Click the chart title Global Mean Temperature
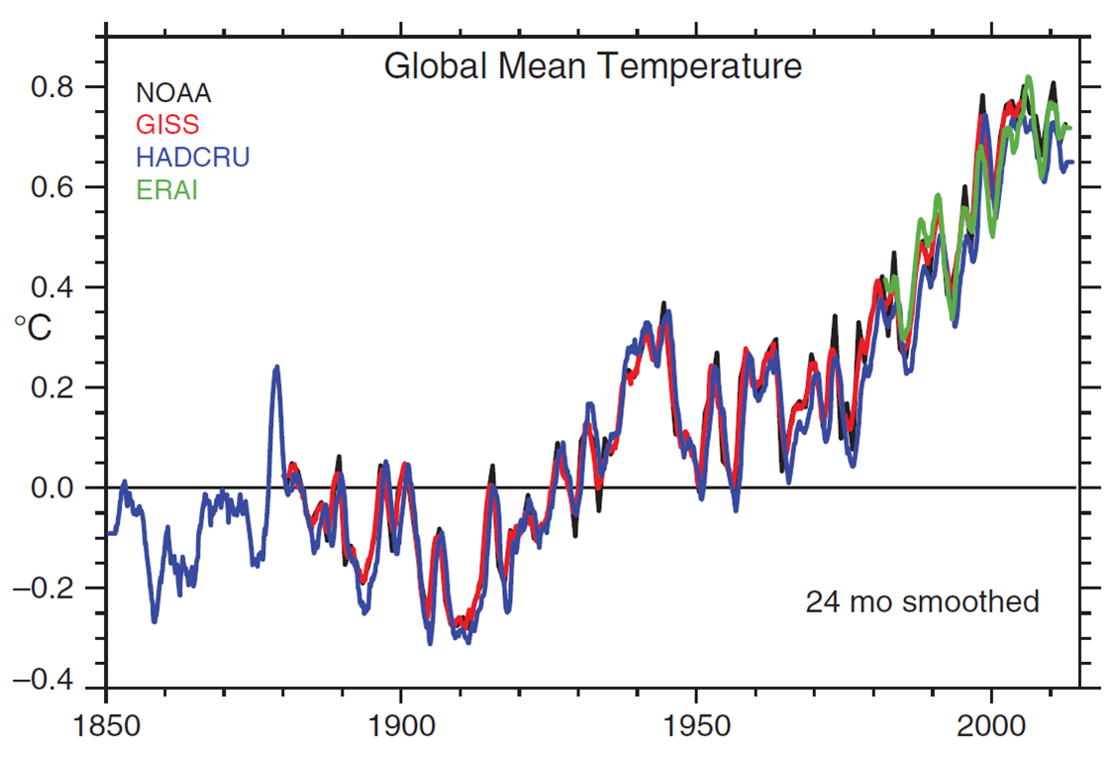[x=592, y=67]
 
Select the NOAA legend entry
[x=173, y=94]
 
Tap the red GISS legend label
[x=167, y=125]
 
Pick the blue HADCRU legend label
[x=192, y=157]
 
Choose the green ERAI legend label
[x=167, y=189]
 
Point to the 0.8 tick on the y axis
[x=57, y=87]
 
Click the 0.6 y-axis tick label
[x=57, y=187]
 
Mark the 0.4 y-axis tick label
[x=57, y=287]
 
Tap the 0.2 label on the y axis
[x=57, y=387]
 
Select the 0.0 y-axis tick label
[x=57, y=488]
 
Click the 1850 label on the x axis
[x=106, y=724]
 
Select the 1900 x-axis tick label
[x=401, y=724]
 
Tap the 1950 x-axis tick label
[x=696, y=724]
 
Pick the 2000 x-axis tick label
[x=991, y=724]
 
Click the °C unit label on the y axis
[x=32, y=328]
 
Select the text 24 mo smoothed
[x=922, y=601]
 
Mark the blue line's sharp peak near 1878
[x=276, y=368]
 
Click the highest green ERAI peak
[x=1029, y=77]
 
